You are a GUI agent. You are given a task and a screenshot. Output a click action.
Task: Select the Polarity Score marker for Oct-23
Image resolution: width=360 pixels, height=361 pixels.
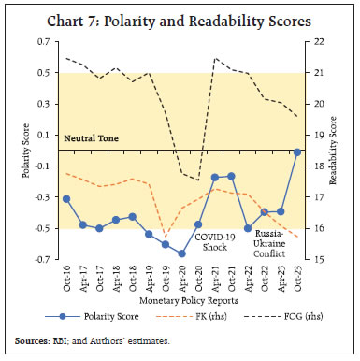click(x=297, y=152)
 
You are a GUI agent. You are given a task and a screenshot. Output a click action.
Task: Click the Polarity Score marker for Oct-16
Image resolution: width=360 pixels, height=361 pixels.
click(x=66, y=198)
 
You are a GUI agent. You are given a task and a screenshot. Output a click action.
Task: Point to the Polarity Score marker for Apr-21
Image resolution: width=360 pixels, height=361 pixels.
click(x=215, y=177)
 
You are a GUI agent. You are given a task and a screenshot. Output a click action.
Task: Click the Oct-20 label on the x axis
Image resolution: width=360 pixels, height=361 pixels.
click(x=198, y=279)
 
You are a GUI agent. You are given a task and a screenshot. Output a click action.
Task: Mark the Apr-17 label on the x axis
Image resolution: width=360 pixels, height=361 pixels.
click(x=83, y=279)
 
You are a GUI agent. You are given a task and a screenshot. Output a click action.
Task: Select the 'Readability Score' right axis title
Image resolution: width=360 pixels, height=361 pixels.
click(x=342, y=151)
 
